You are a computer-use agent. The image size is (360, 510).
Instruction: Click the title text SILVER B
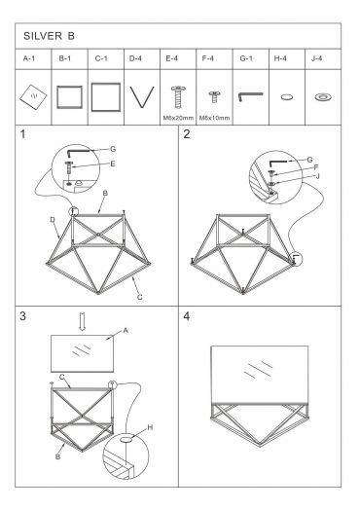coord(49,36)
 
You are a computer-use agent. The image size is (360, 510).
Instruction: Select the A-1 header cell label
coord(29,58)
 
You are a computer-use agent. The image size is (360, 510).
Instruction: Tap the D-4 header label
coord(135,58)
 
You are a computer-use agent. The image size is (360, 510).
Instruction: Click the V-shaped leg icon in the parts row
coord(142,97)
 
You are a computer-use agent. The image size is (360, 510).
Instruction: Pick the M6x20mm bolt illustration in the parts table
coord(178,96)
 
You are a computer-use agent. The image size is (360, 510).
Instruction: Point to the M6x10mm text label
coord(214,118)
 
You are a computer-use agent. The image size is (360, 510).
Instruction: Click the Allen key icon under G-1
coord(250,96)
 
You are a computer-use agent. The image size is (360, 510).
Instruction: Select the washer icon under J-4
coord(323,96)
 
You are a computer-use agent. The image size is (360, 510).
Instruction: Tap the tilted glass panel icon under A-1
coord(33,97)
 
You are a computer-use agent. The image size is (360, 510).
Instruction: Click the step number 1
coord(22,134)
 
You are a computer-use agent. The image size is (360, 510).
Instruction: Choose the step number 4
coord(187,315)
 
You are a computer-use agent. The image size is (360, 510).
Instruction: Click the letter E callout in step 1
coord(113,164)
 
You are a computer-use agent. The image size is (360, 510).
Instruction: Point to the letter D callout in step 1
coord(53,220)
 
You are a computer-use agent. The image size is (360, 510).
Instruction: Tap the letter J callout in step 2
coord(318,176)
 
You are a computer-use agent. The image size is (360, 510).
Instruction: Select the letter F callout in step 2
coord(316,167)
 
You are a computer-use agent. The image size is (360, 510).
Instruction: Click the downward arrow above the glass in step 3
coord(83,321)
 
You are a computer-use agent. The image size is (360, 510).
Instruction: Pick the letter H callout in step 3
coord(150,427)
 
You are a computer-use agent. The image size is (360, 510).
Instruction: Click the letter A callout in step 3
coord(126,331)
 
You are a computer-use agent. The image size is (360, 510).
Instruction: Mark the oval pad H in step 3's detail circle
coord(126,440)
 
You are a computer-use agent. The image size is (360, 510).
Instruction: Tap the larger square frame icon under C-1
coord(106,97)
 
